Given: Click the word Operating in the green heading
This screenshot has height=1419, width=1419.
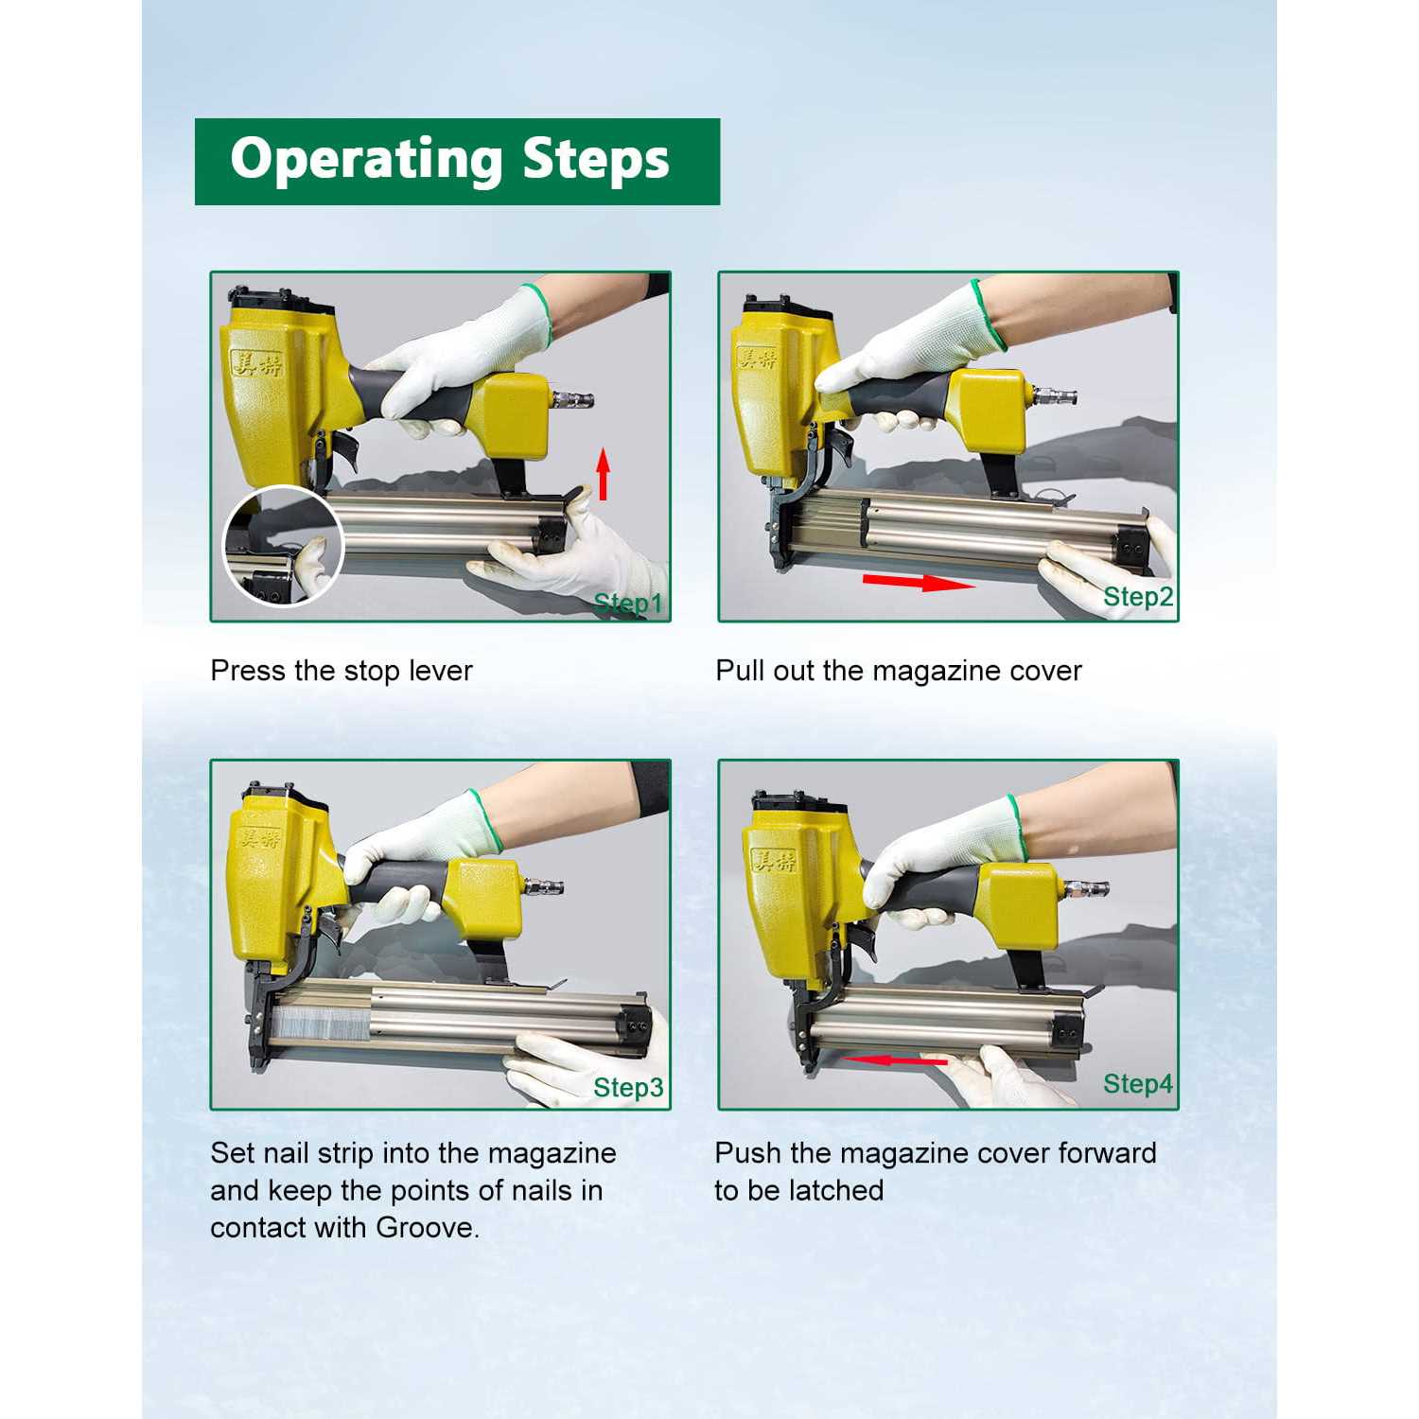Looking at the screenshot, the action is pos(366,159).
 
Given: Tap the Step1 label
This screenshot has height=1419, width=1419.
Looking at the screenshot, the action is pos(628,604).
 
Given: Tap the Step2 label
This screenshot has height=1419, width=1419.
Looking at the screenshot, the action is pos(1138,597).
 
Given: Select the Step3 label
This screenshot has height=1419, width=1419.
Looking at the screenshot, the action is pos(628,1088).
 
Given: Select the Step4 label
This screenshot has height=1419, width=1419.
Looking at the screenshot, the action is pos(1138,1084).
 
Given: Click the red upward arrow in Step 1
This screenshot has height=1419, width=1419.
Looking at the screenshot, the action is pos(603,474).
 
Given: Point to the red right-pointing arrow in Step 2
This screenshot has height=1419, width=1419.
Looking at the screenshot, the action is pos(919,581).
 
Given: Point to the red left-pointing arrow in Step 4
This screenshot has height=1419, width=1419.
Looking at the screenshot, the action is pos(894,1060).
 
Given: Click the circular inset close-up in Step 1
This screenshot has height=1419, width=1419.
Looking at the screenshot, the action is pos(282,546).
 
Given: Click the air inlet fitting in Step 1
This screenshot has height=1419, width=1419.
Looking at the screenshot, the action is pos(571,399).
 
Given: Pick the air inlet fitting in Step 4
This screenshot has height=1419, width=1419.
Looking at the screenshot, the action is pos(1086,889).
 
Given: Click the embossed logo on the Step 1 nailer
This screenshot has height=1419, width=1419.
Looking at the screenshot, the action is pos(256,361).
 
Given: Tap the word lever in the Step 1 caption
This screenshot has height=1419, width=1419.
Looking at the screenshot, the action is pos(441,671).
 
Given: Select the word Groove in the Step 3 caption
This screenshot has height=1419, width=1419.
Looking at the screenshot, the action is pos(427,1228).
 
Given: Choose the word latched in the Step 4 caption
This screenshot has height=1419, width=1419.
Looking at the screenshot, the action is pos(836,1190).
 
